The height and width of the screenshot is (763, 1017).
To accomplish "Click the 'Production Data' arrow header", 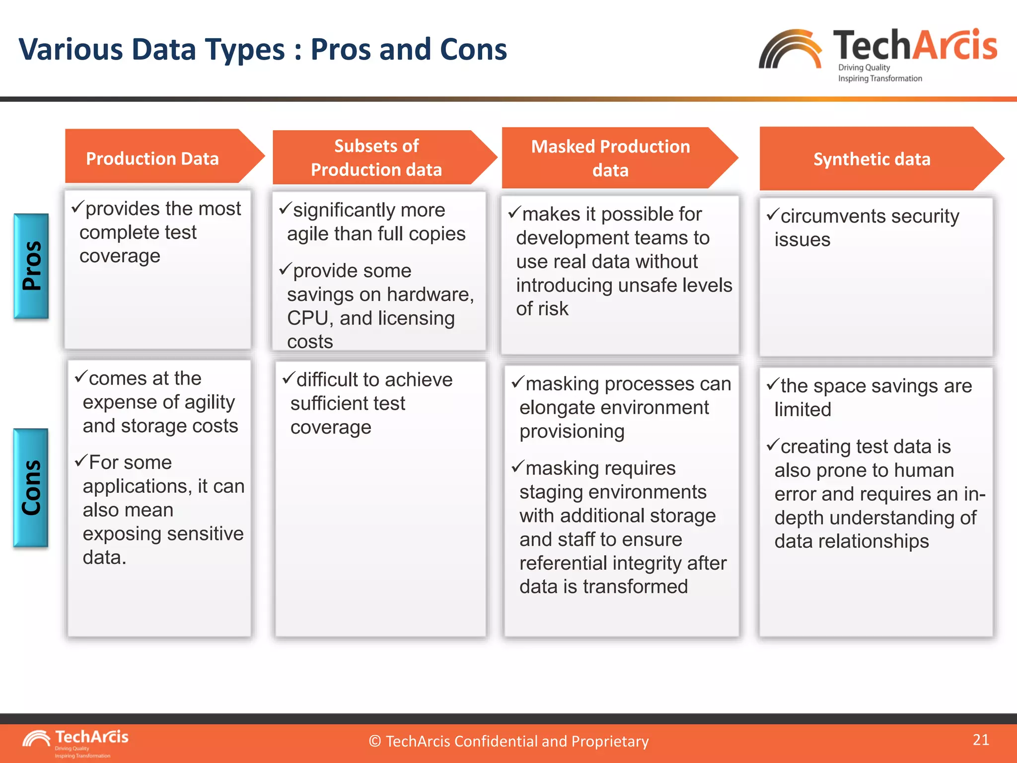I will (x=152, y=158).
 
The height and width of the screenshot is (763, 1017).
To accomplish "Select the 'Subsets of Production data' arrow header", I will (x=376, y=158).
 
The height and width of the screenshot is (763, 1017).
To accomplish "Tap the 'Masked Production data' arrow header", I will (x=610, y=158).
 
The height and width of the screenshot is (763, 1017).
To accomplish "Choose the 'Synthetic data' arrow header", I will (x=872, y=159).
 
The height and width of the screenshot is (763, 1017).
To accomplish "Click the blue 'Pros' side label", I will (x=31, y=266).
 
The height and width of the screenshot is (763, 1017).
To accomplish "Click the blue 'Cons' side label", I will (x=31, y=487).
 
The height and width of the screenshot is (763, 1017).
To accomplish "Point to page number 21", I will (x=981, y=740).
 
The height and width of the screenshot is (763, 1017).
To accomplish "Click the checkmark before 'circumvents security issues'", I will (x=772, y=215).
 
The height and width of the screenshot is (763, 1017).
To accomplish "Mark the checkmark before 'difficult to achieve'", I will (x=289, y=378).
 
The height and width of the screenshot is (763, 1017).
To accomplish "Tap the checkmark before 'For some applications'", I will (x=81, y=461).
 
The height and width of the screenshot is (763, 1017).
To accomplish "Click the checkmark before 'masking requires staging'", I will (x=517, y=466).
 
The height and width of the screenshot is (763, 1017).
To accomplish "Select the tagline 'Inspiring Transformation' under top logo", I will (x=880, y=78).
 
